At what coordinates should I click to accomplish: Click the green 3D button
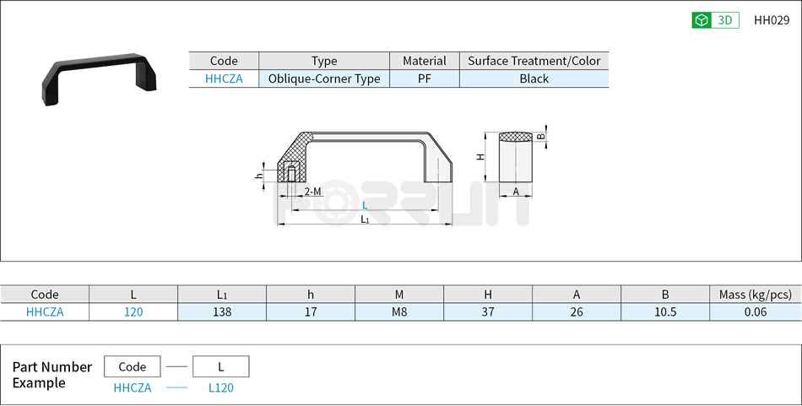pos(715,20)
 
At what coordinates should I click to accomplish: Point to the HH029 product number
pos(771,20)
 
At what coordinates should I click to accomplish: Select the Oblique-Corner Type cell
pos(324,78)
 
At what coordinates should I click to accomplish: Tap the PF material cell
pos(424,78)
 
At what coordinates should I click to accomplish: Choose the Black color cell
pos(534,78)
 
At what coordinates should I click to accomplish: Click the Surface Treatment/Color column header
pos(534,61)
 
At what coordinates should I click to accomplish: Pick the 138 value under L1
pos(222,311)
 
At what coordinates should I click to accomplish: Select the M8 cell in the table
pos(399,311)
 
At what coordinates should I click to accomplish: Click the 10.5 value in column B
pos(665,311)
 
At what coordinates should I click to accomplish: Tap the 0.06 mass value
pos(756,311)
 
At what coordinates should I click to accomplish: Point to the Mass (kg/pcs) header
pos(756,295)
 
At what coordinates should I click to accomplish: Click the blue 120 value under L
pos(133,311)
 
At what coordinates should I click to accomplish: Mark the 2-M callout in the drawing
pos(312,192)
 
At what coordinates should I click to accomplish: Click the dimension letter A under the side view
pos(516,192)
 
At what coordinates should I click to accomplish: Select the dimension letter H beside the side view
pos(480,157)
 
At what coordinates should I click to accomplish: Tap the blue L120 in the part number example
pos(220,387)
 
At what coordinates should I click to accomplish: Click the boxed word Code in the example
pos(133,366)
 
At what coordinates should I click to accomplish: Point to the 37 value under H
pos(488,311)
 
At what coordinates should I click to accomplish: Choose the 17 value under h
pos(311,311)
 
